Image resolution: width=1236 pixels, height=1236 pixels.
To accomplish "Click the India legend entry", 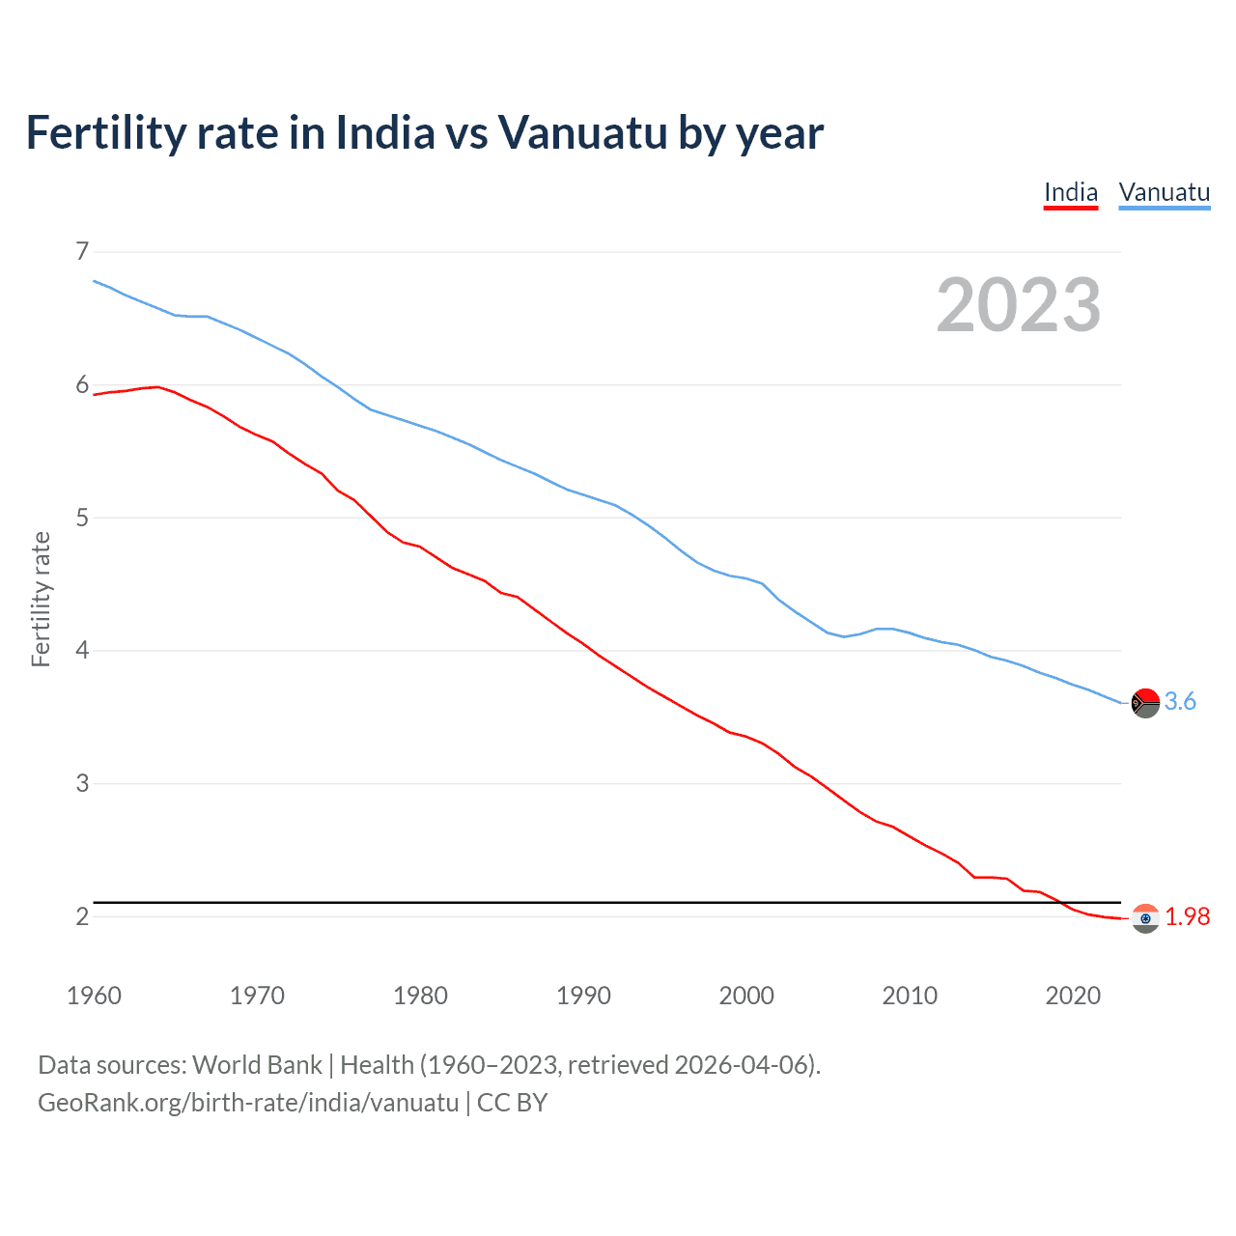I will pos(1071,192).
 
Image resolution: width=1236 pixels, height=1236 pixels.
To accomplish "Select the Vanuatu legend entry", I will pos(1164,192).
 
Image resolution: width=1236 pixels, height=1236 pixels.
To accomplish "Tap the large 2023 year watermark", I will pos(1018,305).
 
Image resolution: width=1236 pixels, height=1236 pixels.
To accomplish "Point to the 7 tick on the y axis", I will pos(82,252).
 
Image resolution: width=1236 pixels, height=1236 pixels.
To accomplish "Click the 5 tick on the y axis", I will pos(82,518).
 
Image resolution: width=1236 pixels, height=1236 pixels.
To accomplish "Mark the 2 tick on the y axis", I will pos(82,915).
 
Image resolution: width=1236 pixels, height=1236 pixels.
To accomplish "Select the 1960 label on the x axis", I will pos(94,996).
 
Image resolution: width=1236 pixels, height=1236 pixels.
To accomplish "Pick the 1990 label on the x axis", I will pos(583,996).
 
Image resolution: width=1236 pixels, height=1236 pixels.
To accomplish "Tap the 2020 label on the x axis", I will pos(1073,996).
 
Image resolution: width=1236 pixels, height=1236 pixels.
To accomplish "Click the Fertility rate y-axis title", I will pos(41,599).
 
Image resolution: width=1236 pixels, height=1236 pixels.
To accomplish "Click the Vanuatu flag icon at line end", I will pos(1145,702).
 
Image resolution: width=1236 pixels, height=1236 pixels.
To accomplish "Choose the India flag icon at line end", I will pos(1145,917).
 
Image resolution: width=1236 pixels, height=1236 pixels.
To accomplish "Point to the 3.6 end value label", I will pos(1180,702).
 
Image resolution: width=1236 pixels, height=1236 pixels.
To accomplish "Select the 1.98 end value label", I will pos(1187,917).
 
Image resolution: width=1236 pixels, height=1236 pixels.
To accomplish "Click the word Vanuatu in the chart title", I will pos(582,132).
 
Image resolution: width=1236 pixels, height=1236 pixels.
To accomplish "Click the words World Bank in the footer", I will pos(257,1065).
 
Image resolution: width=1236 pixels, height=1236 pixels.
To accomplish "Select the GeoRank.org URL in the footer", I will pos(248,1103).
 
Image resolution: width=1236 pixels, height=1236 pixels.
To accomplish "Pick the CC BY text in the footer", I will pos(513,1103).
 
